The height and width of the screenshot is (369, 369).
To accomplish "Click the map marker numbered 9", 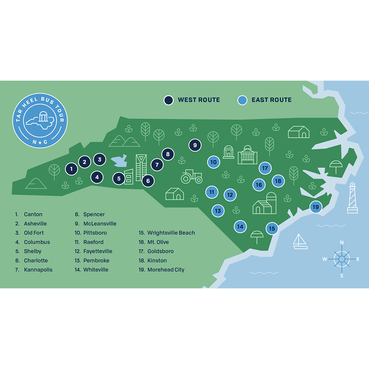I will [x=195, y=145].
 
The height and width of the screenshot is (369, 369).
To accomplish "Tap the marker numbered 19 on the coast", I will [x=316, y=207].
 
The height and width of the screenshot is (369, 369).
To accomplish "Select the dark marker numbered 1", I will [x=71, y=169].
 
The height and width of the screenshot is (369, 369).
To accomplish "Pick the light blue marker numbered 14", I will [x=240, y=227].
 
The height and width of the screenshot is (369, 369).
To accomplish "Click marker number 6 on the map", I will [x=148, y=181].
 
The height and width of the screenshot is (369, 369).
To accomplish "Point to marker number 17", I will [x=265, y=168].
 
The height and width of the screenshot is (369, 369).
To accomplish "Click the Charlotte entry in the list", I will [x=36, y=260].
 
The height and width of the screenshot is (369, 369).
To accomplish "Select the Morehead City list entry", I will [x=165, y=270].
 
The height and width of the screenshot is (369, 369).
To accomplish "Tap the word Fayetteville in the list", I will [x=97, y=251].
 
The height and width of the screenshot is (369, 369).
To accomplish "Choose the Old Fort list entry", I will [x=34, y=233].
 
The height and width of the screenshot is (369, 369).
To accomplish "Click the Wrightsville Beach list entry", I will [x=171, y=233].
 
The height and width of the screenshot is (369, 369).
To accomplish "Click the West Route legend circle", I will [x=169, y=100].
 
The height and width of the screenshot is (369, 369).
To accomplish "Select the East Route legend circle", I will [x=242, y=100].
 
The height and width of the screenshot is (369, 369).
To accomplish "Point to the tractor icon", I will [x=192, y=177].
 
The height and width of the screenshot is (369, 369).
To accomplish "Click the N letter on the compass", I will [x=342, y=243].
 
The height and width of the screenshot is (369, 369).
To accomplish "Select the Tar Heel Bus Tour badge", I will [x=40, y=120].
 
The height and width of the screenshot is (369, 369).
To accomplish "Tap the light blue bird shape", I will [x=119, y=160].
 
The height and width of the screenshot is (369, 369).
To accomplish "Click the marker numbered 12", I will [x=230, y=195].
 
